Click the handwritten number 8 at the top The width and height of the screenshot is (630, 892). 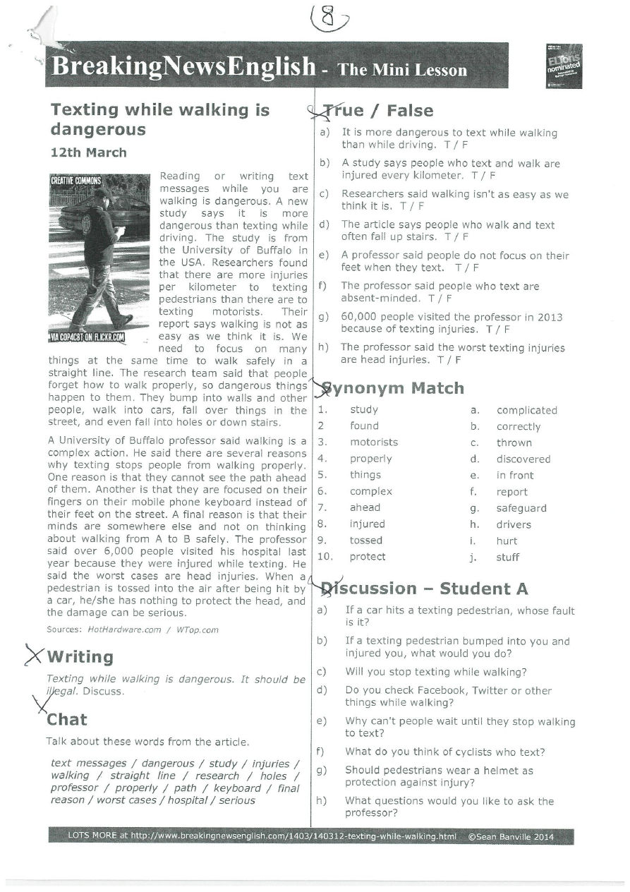tap(327, 18)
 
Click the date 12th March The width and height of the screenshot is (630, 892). tap(89, 152)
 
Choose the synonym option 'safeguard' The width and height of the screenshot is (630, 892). tap(521, 508)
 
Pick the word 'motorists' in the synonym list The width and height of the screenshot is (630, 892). tap(374, 442)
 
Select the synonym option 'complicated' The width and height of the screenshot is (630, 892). tap(526, 410)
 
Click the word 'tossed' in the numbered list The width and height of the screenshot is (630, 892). tap(366, 541)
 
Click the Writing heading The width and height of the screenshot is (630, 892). tap(80, 657)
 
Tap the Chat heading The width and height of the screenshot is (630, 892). tap(67, 720)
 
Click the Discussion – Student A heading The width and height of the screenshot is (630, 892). tap(425, 589)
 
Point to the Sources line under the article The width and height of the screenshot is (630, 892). tap(133, 629)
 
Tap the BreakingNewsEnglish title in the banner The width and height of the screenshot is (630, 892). tap(183, 67)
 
